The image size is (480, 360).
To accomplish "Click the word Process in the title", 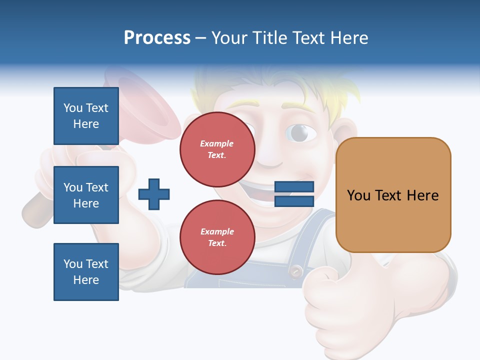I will click(157, 38).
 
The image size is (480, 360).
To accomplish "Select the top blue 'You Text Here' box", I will click(86, 116).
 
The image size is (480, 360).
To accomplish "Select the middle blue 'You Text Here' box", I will click(86, 195).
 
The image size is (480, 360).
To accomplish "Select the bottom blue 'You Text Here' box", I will click(86, 272).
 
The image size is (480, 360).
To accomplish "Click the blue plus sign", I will click(153, 194).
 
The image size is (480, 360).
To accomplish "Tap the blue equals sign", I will click(294, 194).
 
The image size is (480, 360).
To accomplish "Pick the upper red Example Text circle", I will click(217, 149).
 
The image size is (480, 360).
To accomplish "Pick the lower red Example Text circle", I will click(217, 237).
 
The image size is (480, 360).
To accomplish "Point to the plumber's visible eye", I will click(300, 132).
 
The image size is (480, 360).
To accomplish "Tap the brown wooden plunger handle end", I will click(32, 212).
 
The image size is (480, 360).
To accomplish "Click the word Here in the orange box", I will click(422, 195).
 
